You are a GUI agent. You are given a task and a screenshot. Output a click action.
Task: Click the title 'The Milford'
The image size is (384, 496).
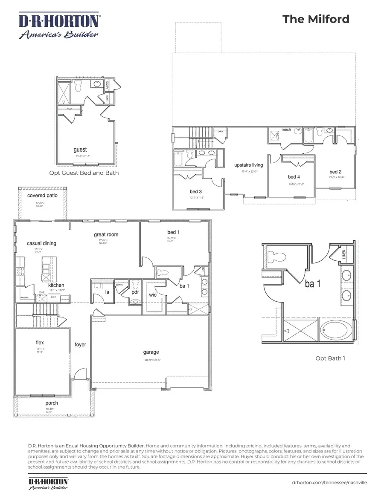click(x=315, y=19)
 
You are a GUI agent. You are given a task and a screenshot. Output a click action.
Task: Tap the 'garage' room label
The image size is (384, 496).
click(x=151, y=352)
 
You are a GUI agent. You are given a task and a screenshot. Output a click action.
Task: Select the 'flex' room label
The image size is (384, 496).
click(x=40, y=342)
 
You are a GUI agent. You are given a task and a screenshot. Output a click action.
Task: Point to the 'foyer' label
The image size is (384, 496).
click(x=80, y=344)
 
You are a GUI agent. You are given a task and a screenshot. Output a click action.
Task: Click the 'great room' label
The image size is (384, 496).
click(x=106, y=234)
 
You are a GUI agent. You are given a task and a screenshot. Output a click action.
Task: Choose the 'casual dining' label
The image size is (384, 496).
click(x=41, y=243)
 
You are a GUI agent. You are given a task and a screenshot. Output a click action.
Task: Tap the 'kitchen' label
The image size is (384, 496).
click(x=56, y=285)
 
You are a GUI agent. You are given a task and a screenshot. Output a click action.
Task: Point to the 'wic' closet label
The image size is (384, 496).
click(x=153, y=294)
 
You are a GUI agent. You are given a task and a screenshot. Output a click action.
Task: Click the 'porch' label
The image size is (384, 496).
click(x=52, y=403)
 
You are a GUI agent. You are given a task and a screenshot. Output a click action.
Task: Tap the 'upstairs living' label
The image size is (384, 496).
click(x=249, y=165)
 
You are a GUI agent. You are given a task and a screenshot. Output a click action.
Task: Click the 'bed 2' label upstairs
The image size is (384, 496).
click(x=336, y=172)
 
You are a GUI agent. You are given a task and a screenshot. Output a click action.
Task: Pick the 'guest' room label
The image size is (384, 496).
click(x=80, y=150)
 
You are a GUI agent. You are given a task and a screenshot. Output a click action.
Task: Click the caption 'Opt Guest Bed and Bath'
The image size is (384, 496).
click(x=84, y=173)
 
